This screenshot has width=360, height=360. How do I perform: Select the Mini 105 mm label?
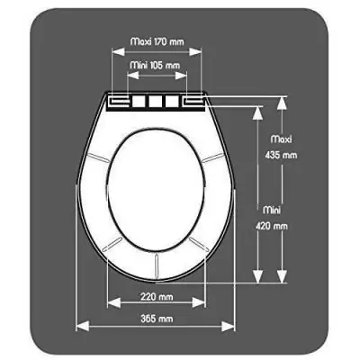click(152, 65)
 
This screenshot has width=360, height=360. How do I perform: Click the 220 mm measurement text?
click(157, 297)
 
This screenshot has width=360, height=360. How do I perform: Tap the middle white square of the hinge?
click(152, 101)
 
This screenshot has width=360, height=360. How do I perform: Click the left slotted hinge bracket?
click(118, 102)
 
